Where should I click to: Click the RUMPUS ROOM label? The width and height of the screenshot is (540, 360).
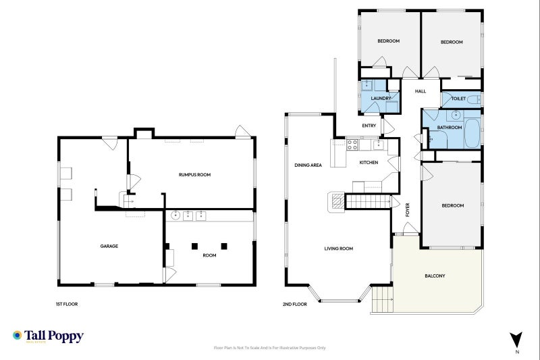[194, 175]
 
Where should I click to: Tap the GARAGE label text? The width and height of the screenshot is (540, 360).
[109, 246]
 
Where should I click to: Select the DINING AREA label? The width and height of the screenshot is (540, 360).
[308, 165]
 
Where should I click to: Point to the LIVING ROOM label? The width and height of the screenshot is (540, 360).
[339, 249]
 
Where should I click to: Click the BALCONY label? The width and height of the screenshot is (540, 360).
[435, 276]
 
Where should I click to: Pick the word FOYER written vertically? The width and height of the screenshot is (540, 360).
[408, 210]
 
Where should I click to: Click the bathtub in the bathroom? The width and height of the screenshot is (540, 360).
[472, 134]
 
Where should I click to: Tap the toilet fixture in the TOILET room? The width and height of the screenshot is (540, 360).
[475, 99]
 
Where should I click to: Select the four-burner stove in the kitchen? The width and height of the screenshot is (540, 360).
[352, 145]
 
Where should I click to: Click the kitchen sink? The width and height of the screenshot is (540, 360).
[379, 145]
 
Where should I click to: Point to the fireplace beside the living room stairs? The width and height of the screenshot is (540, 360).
[336, 202]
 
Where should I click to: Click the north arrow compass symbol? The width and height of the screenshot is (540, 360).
[516, 340]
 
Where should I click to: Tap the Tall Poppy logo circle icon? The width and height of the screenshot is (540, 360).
[18, 335]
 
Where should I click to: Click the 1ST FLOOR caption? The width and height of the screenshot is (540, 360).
[67, 304]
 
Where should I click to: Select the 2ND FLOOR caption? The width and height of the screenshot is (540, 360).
[295, 304]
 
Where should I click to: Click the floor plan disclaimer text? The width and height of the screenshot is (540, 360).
[269, 348]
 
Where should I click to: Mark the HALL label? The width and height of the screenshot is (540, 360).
[421, 91]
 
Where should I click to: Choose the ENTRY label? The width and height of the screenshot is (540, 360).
[369, 126]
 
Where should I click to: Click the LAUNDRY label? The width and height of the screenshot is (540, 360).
[381, 99]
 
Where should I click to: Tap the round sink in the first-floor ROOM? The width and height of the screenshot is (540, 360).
[175, 216]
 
